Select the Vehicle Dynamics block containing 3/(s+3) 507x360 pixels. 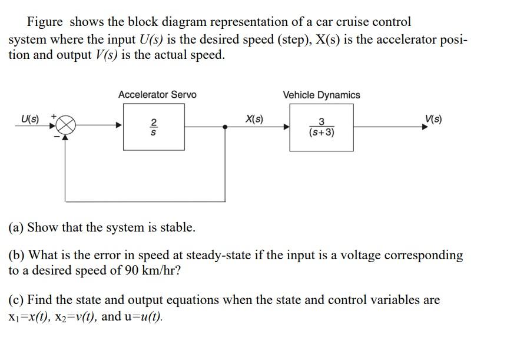click(x=322, y=127)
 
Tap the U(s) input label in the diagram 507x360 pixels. click(x=29, y=120)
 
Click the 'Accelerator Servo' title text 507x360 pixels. click(x=157, y=95)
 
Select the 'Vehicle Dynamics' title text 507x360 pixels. click(x=322, y=95)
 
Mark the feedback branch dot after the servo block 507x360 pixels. click(x=226, y=126)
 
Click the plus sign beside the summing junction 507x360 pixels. click(x=53, y=117)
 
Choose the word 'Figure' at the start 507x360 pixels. click(x=45, y=22)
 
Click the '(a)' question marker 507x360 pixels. click(x=16, y=227)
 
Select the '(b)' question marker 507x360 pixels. click(x=16, y=256)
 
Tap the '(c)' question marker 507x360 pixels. click(x=16, y=300)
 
